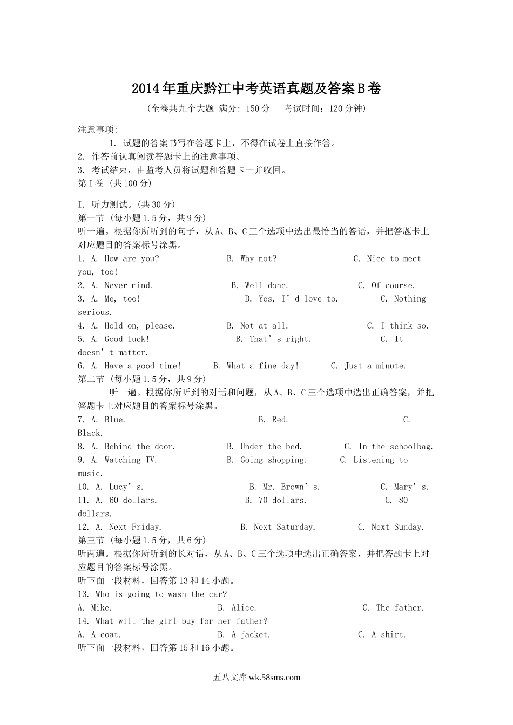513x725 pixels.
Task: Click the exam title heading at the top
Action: tap(256, 88)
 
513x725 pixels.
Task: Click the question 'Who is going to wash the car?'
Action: tap(152, 594)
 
